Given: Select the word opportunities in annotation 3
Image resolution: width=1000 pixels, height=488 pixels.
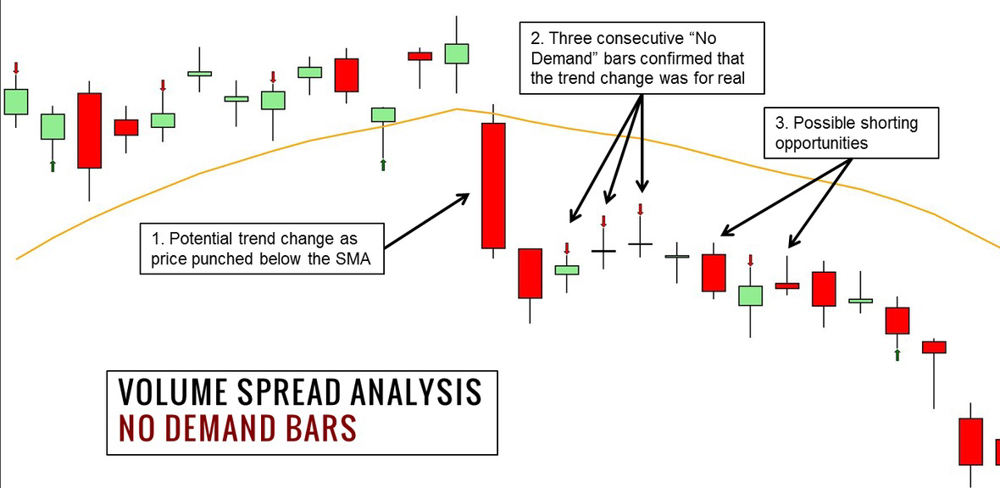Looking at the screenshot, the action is coord(821,143).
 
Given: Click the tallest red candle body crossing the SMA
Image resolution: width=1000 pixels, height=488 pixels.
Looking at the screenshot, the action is coord(493,186).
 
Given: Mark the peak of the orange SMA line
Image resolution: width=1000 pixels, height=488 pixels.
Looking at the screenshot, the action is coord(457,109).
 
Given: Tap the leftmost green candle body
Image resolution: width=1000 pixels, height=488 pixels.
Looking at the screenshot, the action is coord(16,102).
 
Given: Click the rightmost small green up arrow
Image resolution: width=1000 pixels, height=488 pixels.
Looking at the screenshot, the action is coord(897,355).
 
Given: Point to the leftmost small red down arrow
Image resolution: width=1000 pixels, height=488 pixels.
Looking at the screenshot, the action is coord(16,69).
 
